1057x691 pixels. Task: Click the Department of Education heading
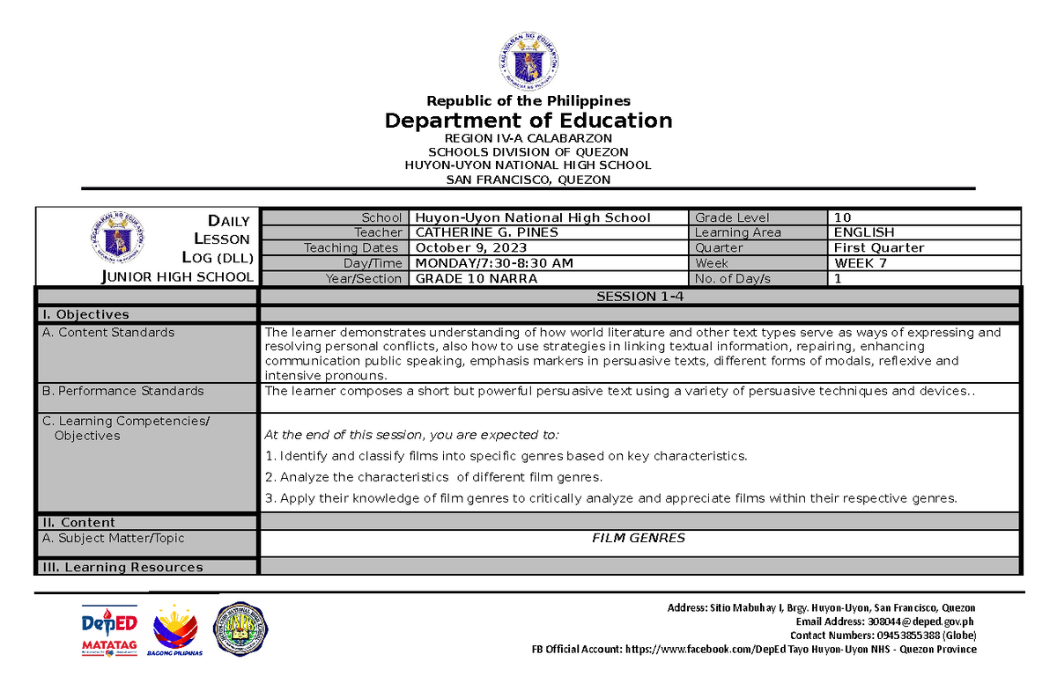[528, 121]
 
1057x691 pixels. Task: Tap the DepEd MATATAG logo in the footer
[109, 630]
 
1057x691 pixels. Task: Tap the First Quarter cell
[878, 248]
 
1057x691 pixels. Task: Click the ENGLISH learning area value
[863, 232]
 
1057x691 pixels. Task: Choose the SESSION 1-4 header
[639, 297]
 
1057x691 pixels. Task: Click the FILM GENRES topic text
[639, 538]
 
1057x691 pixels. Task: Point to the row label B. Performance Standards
[122, 391]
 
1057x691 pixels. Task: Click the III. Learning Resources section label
[122, 568]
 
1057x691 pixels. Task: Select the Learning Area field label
[733, 232]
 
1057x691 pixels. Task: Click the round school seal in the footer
[241, 630]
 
